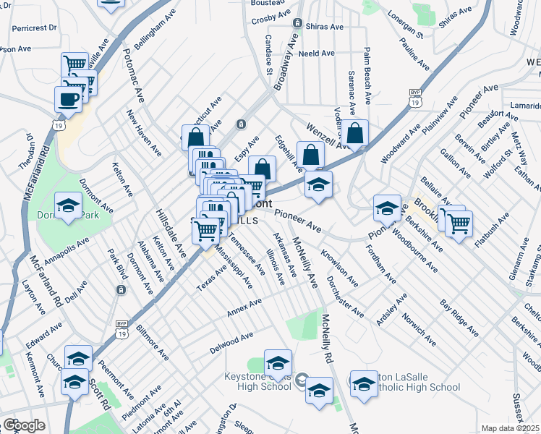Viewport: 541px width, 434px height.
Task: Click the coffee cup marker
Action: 68,99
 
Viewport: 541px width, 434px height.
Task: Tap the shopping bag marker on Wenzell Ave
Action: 355,133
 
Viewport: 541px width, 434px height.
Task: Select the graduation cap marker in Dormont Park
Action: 69,206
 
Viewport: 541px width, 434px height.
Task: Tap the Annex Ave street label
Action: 244,307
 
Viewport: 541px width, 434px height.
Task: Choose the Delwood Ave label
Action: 231,341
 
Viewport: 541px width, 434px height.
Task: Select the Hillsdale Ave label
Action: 171,232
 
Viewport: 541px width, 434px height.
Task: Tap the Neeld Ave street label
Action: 317,54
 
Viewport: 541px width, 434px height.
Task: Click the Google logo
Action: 24,425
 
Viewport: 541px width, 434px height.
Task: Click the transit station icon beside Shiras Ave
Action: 297,23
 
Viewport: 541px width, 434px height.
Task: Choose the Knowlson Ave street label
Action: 340,268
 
